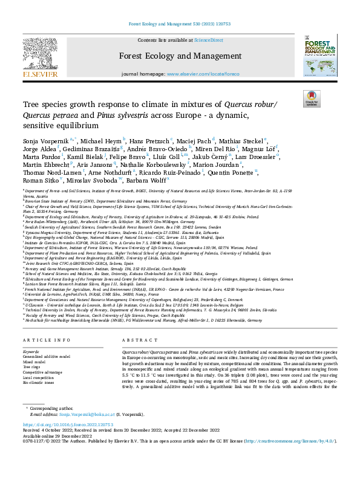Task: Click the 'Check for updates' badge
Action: click(x=311, y=99)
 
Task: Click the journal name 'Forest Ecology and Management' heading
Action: click(x=180, y=56)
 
